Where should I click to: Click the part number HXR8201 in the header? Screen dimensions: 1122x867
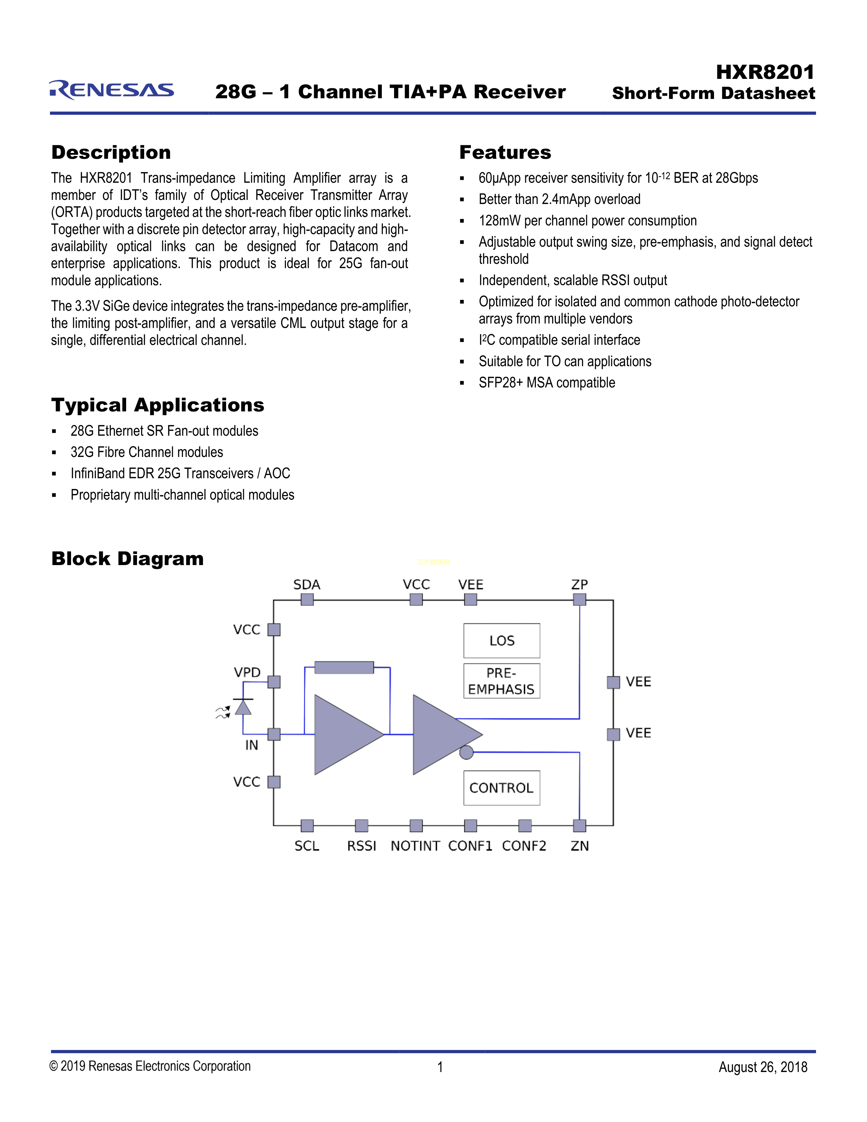click(x=765, y=72)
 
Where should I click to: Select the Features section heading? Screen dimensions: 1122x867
click(x=505, y=153)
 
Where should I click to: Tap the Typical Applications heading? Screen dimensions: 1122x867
click(x=158, y=405)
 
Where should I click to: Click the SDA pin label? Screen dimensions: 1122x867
click(x=307, y=585)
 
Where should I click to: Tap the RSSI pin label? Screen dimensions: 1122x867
click(x=362, y=846)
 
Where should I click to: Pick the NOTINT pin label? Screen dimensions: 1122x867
click(x=415, y=846)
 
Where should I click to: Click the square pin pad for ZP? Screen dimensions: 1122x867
click(x=579, y=599)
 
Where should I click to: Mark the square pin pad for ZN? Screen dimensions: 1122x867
click(x=579, y=826)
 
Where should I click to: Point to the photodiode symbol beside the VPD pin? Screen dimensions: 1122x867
click(x=243, y=708)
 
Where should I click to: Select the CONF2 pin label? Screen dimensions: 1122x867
click(x=524, y=846)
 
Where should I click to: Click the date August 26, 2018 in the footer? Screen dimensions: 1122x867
click(x=763, y=1067)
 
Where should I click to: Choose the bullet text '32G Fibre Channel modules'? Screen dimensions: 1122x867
click(x=147, y=452)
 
